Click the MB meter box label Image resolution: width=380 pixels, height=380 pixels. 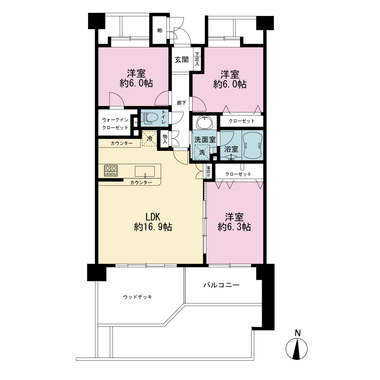point(160,31)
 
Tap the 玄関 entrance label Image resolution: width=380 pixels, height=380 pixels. point(182,60)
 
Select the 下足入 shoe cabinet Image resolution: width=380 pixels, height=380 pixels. point(197,59)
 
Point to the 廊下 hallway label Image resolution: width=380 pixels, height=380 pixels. point(182,103)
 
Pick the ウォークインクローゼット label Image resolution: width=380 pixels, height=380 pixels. point(115,124)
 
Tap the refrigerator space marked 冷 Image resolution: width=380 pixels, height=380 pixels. point(150,139)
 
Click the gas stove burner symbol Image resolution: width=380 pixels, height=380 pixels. point(111,170)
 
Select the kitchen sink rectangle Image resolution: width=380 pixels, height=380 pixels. point(145,171)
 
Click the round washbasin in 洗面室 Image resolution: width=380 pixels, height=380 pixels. point(205,122)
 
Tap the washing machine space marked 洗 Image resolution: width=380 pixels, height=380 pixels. point(202,152)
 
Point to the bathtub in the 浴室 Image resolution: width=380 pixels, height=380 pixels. point(252,145)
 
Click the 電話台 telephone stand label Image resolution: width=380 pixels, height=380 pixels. point(208,171)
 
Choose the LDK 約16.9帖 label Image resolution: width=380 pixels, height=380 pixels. point(153,222)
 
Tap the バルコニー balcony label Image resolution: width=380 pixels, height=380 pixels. point(222,285)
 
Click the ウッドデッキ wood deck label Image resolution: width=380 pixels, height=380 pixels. point(138,297)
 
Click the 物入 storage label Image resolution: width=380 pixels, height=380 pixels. point(165,139)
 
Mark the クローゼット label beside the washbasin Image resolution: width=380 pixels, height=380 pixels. point(242,121)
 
